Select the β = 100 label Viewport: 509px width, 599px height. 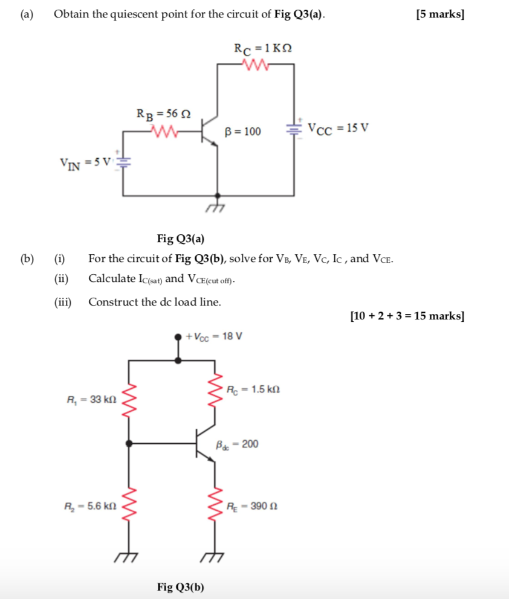[x=243, y=131]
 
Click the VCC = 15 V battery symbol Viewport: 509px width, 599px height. [x=294, y=128]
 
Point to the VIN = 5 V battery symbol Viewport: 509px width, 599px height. [x=123, y=162]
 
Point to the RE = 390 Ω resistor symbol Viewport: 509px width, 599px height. [x=215, y=506]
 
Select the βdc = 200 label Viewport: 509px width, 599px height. [x=237, y=444]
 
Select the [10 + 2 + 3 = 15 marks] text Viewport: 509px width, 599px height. [x=407, y=316]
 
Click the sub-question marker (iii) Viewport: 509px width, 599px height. [x=62, y=302]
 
